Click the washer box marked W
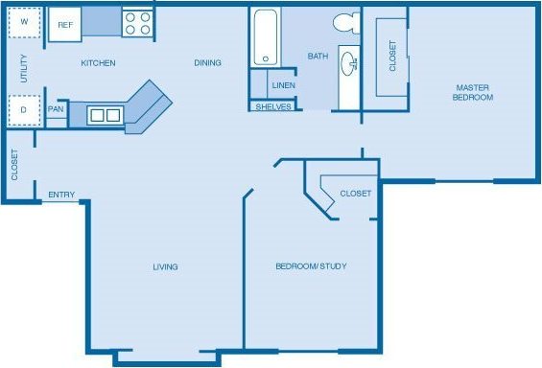coord(24,23)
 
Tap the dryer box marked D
coord(24,110)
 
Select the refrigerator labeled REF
coord(64,24)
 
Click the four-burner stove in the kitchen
coord(136,23)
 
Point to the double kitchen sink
coord(105,116)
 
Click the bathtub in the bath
coord(265,39)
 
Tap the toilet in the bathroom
coord(343,23)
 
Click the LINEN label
coord(284,85)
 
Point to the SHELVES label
coord(273,106)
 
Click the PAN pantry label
coord(56,108)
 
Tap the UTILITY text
coord(24,66)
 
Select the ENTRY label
coord(61,195)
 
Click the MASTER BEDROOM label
coord(473,92)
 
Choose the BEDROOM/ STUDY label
coord(311,266)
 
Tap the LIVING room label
coord(165,266)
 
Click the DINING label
coord(207,63)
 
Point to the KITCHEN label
coord(98,63)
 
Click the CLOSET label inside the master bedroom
coord(393,57)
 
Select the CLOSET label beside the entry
coord(14,165)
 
